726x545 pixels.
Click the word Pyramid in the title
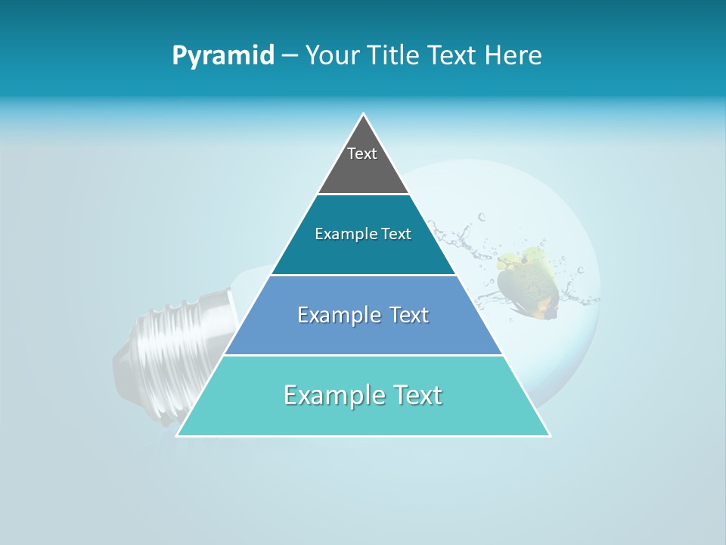(222, 56)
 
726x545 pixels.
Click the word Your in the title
(332, 56)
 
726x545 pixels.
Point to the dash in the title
(289, 56)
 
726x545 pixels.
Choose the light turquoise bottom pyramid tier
(363, 416)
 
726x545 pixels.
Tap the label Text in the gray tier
(362, 154)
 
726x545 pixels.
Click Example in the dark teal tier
(344, 234)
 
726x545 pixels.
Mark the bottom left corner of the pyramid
(178, 435)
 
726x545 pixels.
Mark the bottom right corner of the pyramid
(549, 435)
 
